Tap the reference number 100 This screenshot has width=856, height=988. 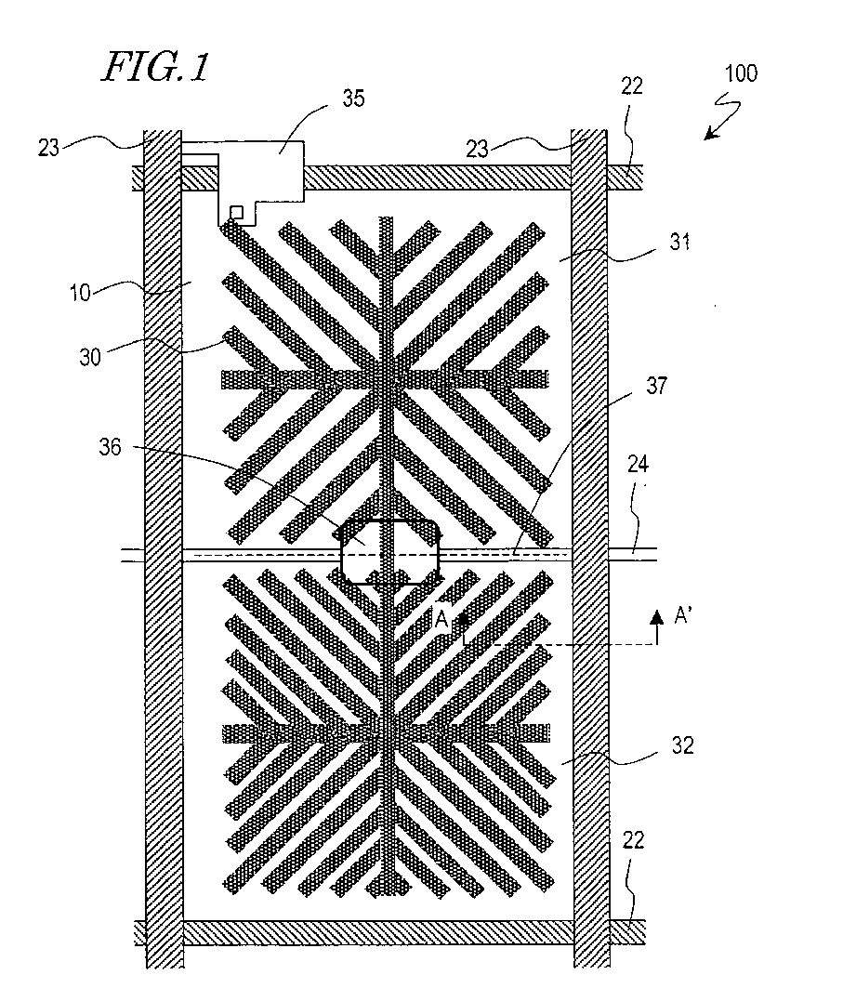click(740, 74)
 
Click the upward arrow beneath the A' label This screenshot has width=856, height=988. click(657, 627)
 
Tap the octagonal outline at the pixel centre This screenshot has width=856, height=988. click(390, 552)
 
